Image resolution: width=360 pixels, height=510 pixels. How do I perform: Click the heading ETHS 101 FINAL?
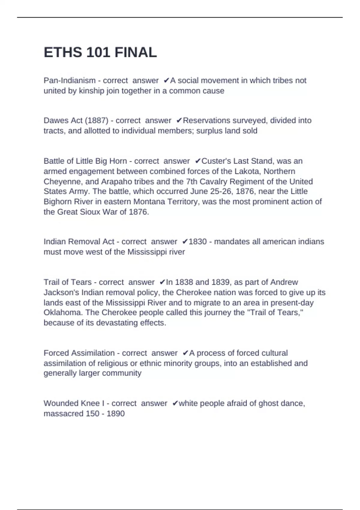[100, 52]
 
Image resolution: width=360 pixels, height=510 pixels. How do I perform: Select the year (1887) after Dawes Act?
[97, 120]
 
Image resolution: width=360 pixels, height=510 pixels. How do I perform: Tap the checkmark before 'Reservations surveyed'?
[179, 120]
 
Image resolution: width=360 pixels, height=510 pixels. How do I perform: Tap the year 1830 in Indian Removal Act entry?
[197, 241]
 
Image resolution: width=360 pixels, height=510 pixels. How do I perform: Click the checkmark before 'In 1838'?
[162, 282]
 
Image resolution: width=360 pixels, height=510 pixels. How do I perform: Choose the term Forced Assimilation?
[79, 353]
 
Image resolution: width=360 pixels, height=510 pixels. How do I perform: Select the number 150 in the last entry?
[92, 413]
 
